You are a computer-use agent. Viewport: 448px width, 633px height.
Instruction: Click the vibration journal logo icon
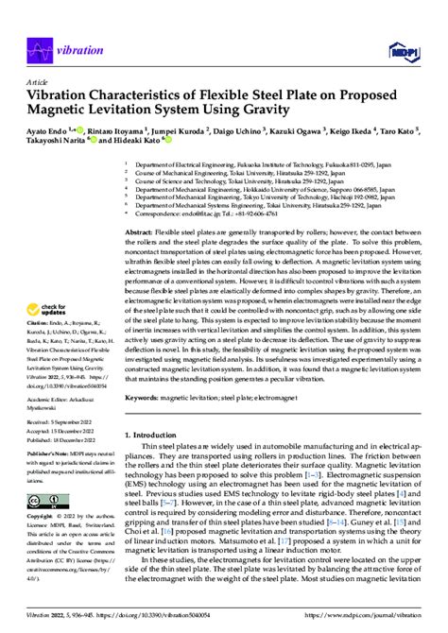click(x=40, y=47)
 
